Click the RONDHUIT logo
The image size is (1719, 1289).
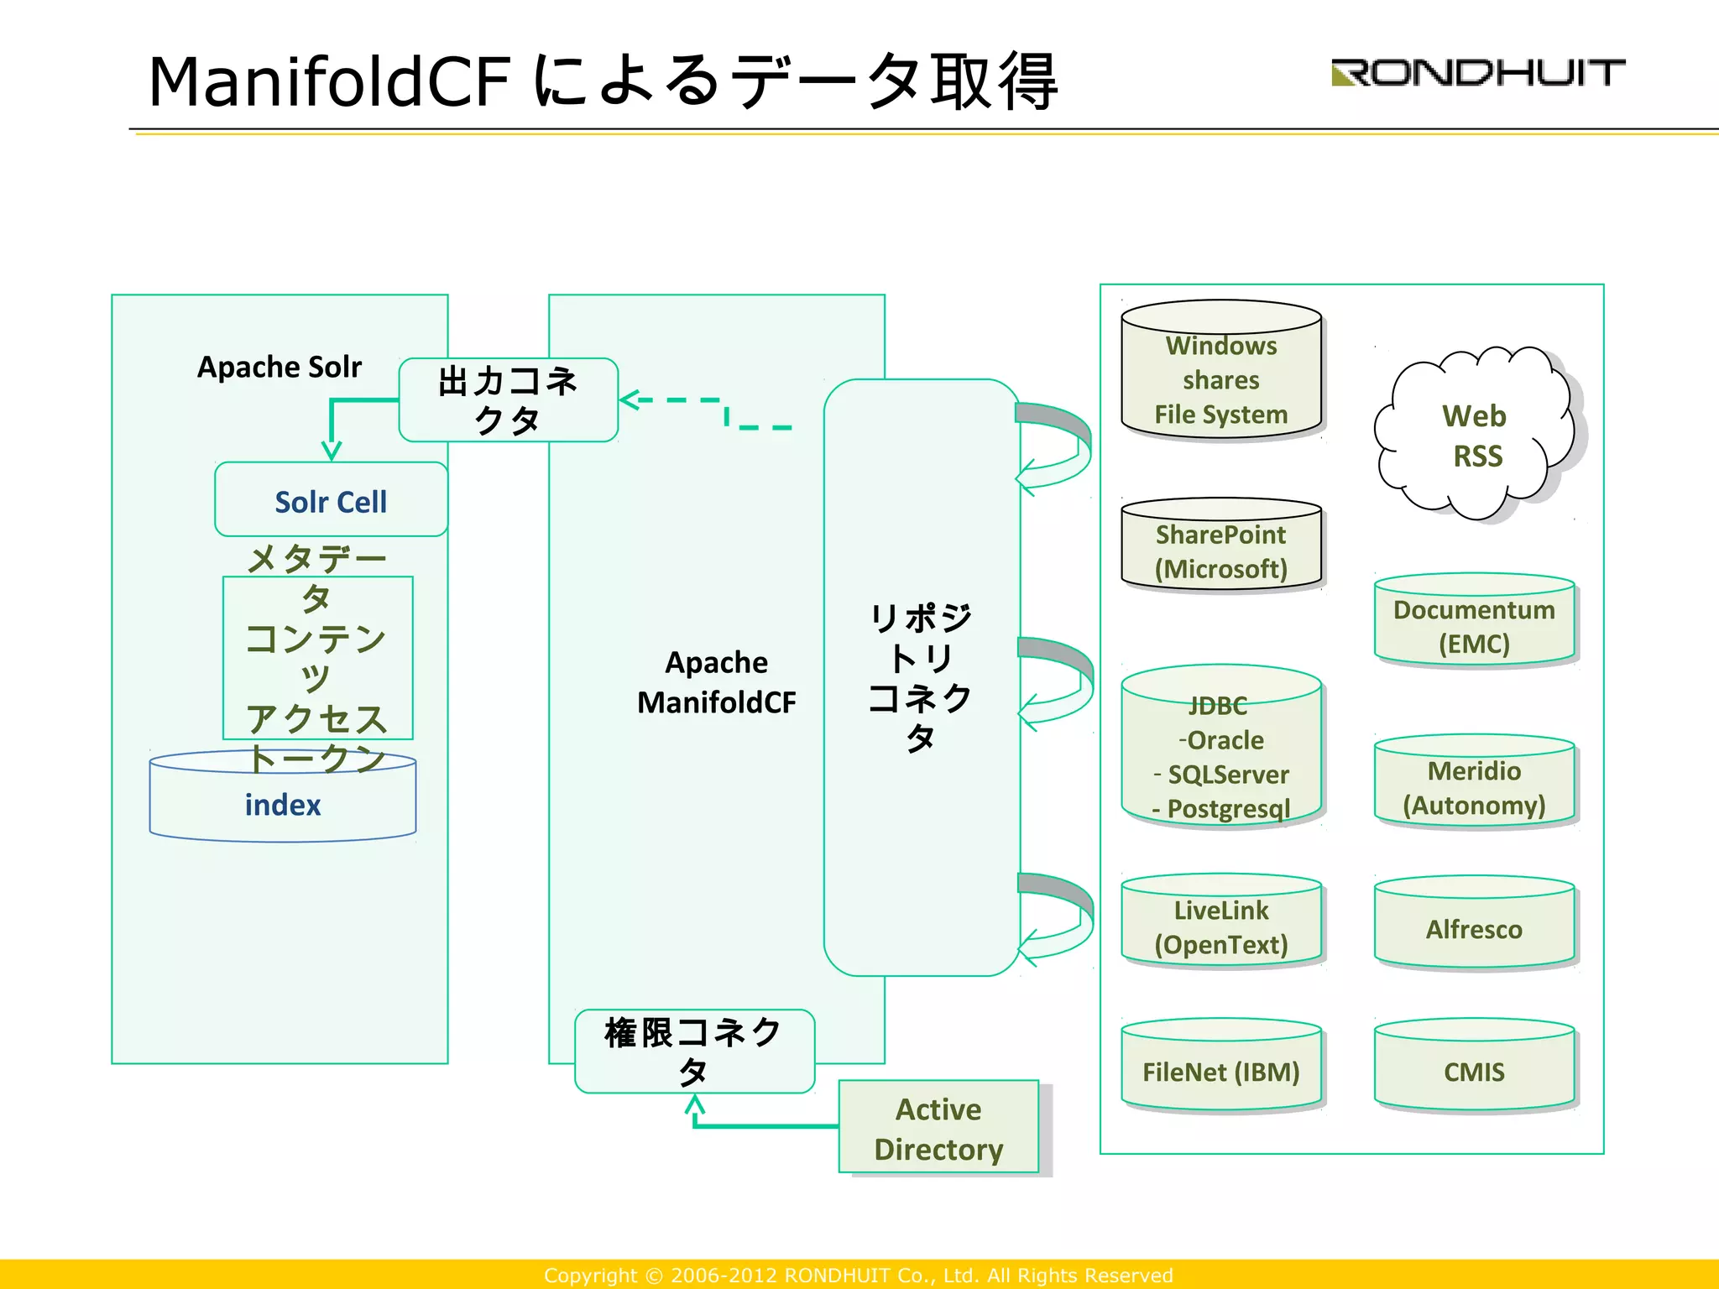pyautogui.click(x=1477, y=73)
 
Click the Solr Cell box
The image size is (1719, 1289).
pyautogui.click(x=331, y=500)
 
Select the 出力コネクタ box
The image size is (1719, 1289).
pyautogui.click(x=508, y=400)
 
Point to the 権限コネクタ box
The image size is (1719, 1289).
pyautogui.click(x=694, y=1051)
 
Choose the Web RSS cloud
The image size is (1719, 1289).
pyautogui.click(x=1474, y=435)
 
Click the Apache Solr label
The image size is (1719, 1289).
pyautogui.click(x=280, y=368)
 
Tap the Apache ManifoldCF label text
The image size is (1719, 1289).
pyautogui.click(x=716, y=682)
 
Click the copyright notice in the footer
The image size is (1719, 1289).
pyautogui.click(x=858, y=1275)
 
